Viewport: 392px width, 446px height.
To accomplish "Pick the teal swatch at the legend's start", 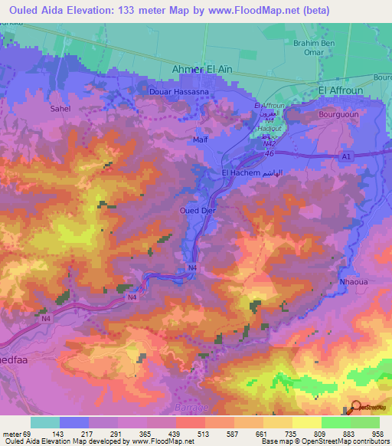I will point(44,421).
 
